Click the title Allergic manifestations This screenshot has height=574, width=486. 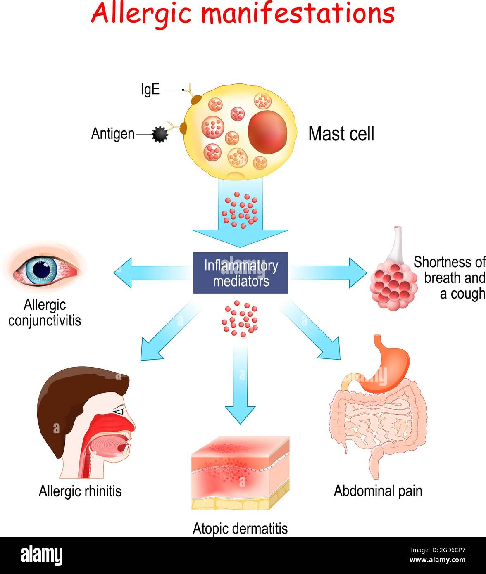click(243, 14)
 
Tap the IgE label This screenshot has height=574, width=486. click(150, 90)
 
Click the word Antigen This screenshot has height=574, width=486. click(112, 134)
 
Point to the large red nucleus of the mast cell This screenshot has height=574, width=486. click(267, 133)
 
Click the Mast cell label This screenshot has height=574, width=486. click(341, 134)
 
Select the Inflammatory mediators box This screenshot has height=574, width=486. click(240, 273)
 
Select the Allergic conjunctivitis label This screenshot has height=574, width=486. click(45, 313)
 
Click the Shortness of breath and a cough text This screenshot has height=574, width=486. click(449, 278)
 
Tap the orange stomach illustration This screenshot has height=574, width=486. click(384, 368)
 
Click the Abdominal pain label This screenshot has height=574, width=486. click(378, 491)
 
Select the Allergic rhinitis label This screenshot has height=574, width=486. click(80, 491)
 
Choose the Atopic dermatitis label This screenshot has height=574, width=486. click(240, 528)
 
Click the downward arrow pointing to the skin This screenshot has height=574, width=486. click(240, 388)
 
